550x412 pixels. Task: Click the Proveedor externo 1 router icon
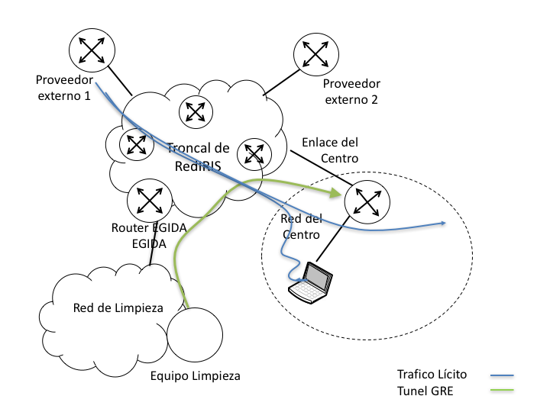(91, 50)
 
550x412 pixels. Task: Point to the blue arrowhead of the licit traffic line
(442, 224)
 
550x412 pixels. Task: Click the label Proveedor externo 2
(351, 92)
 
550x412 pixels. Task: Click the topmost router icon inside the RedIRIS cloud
(196, 111)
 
